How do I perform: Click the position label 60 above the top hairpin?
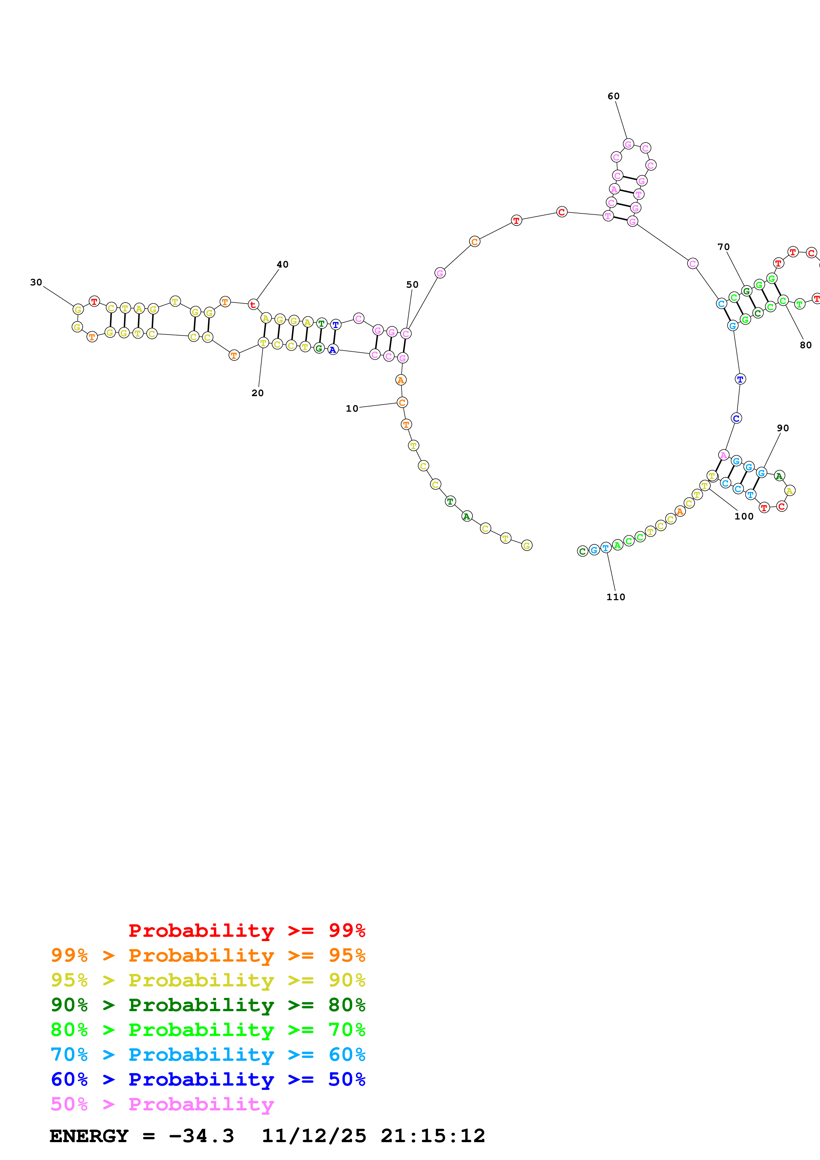pos(613,96)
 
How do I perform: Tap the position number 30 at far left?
pos(36,282)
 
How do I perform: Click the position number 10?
pos(352,408)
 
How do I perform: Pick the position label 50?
pos(412,284)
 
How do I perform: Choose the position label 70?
pos(723,247)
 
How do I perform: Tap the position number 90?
pos(783,428)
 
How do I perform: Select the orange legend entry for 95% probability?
pos(208,955)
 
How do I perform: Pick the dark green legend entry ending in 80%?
pos(208,1005)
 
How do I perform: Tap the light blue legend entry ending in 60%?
pos(208,1055)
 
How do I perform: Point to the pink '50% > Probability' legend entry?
pos(162,1104)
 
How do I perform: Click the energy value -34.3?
pos(201,1136)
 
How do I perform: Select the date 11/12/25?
pos(314,1136)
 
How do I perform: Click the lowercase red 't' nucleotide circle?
pos(253,305)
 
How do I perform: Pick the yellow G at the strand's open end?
pos(527,545)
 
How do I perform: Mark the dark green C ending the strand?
pos(582,551)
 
